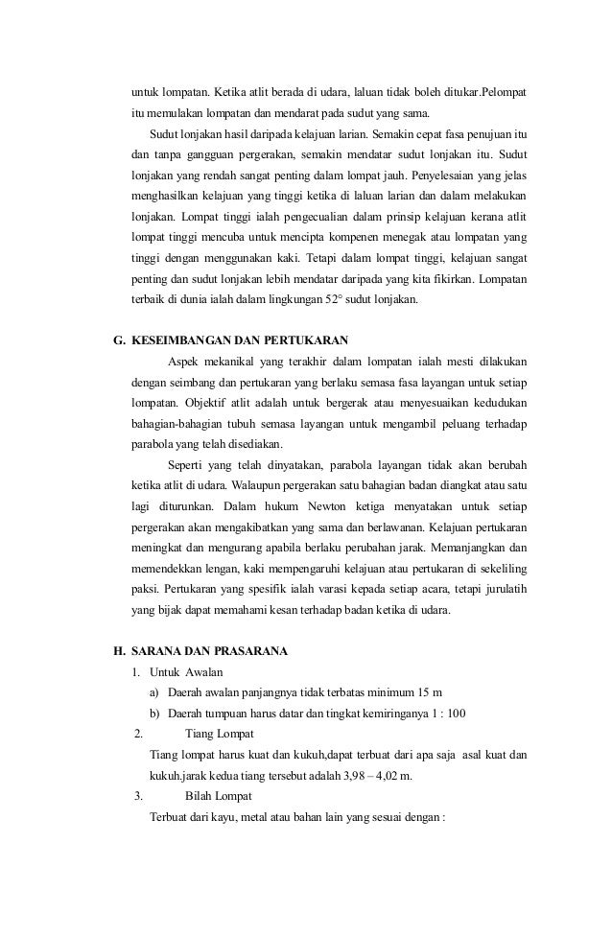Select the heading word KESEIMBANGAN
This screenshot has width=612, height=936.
point(176,340)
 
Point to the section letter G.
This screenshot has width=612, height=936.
point(119,340)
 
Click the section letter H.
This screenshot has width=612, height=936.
point(119,652)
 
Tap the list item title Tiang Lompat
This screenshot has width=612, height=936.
point(220,735)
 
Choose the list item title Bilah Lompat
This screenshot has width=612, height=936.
point(219,796)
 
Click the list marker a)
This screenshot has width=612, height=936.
point(155,692)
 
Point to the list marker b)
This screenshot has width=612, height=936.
point(155,713)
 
